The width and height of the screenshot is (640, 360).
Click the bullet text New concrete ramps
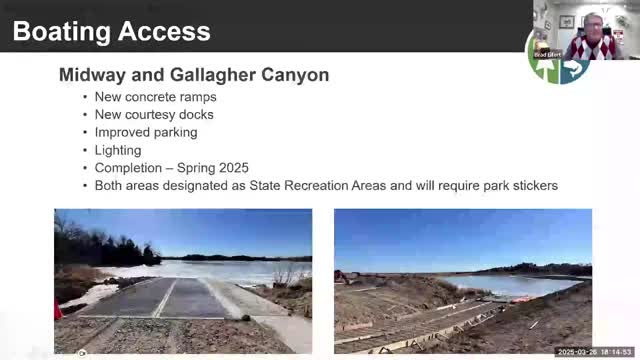155,97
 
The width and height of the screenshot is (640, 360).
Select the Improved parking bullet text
146,132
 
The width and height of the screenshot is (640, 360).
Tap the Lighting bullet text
118,150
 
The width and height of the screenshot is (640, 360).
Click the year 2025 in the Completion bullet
231,168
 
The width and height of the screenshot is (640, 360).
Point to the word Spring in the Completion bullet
191,168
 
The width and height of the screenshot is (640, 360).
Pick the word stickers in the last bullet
531,186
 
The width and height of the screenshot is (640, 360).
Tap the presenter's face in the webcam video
588,25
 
